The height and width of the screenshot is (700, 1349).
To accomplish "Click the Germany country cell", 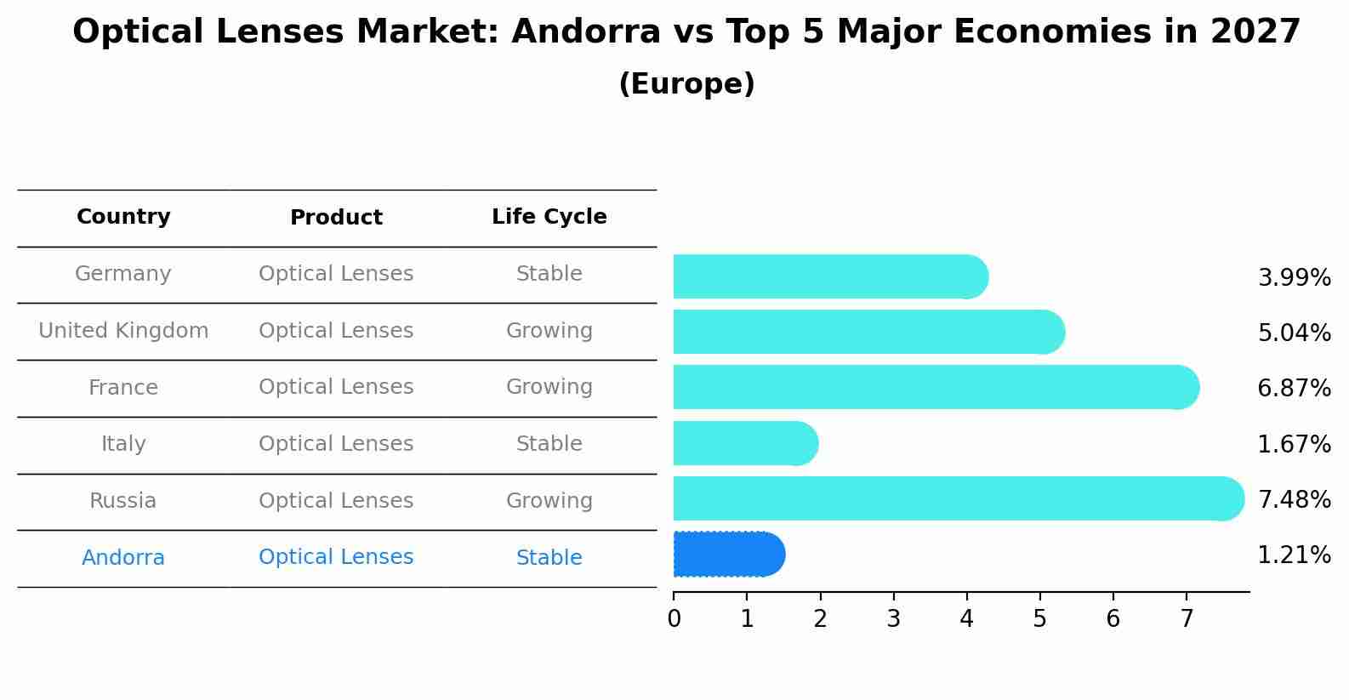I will click(123, 274).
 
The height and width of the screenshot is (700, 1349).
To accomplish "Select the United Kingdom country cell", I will click(123, 331).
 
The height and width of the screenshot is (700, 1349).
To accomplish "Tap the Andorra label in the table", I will click(123, 558).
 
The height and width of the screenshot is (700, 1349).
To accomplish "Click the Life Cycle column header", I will click(549, 217).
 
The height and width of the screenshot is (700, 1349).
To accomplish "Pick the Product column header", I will click(336, 218).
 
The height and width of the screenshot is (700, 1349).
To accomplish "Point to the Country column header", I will click(123, 217).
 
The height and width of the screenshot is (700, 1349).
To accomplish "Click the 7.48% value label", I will click(1294, 499).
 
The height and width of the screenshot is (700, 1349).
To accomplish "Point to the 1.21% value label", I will click(1294, 555).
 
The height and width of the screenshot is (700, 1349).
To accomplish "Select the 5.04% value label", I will click(1294, 333).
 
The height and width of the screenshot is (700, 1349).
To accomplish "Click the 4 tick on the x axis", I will click(966, 619).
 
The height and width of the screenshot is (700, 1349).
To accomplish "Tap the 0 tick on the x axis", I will click(674, 619).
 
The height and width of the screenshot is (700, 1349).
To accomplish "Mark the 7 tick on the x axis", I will click(1186, 619).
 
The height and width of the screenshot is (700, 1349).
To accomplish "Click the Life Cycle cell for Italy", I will click(549, 444).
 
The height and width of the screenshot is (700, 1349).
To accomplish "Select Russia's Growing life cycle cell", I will click(549, 501).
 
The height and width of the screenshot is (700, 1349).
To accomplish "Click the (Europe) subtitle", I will click(686, 84).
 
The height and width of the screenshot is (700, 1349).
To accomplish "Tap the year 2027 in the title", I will click(1255, 32).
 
